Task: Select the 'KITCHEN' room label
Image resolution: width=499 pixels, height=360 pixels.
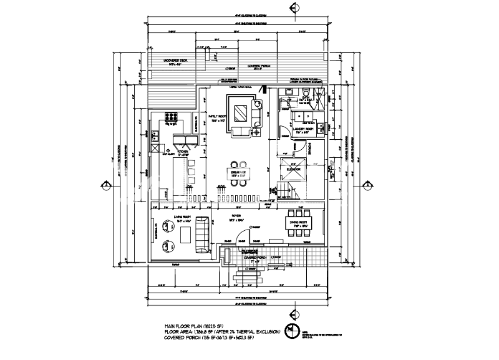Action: coord(182,152)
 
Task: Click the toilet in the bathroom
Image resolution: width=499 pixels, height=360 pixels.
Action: coord(306,95)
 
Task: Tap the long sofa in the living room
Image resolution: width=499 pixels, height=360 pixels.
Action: coord(202,232)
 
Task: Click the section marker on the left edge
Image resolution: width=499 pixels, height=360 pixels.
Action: coord(107,185)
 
